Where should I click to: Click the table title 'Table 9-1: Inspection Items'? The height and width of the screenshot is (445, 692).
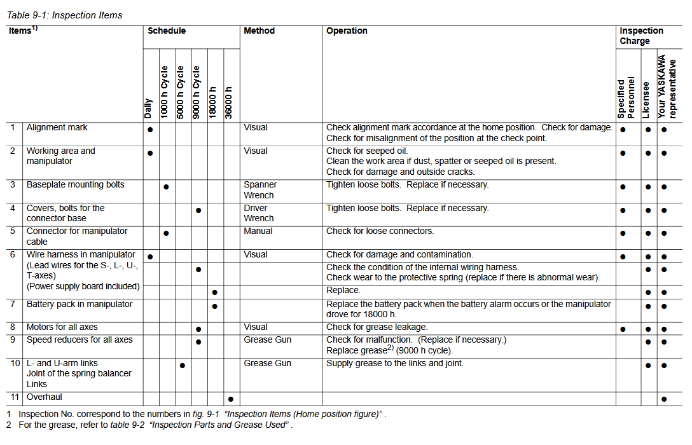pos(65,15)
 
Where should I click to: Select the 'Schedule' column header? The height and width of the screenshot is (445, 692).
pos(167,31)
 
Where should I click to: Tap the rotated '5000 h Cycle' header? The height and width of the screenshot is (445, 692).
pos(181,91)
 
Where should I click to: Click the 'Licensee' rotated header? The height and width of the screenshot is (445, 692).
pos(646,99)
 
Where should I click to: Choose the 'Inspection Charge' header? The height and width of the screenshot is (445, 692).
pos(641,36)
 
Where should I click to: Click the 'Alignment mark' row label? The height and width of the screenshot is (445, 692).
pos(57,128)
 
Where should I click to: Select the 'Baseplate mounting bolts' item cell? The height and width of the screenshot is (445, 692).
pos(75,185)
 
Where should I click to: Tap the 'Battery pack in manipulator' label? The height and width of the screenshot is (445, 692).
pos(79,305)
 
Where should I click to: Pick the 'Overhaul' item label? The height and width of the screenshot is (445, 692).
pos(44,397)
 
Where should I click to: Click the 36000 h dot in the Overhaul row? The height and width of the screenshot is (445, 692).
pos(230,399)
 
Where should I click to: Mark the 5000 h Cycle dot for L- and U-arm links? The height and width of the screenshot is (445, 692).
pos(182,366)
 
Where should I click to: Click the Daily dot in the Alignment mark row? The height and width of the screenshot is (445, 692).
pos(150,130)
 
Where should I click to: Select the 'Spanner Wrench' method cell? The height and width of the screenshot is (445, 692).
pos(259,190)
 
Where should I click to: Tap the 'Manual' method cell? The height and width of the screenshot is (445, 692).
pos(258,231)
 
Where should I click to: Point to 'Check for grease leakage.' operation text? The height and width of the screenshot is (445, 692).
pos(377,327)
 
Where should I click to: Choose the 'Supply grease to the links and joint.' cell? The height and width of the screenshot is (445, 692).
pos(394,364)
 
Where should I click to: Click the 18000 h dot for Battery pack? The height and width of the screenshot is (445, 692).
pos(214,306)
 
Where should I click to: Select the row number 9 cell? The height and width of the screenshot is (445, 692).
pos(13,340)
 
